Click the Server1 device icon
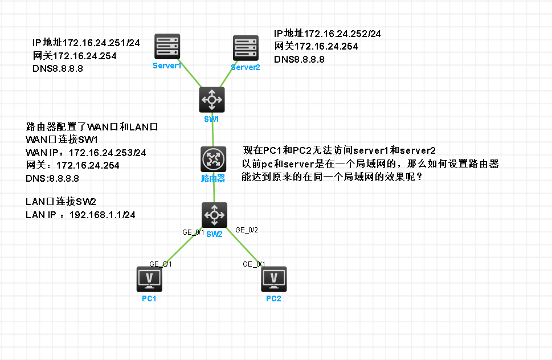pyautogui.click(x=167, y=47)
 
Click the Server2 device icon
pyautogui.click(x=246, y=48)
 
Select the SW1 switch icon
pyautogui.click(x=212, y=100)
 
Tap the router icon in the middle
pyautogui.click(x=214, y=159)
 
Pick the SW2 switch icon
pyautogui.click(x=215, y=215)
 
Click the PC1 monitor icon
pyautogui.click(x=150, y=279)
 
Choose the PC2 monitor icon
pyautogui.click(x=273, y=279)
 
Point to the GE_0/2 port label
pyautogui.click(x=247, y=230)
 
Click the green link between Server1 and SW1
pyautogui.click(x=190, y=75)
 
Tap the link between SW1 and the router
pyautogui.click(x=212, y=130)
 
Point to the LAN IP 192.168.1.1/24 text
pyautogui.click(x=102, y=215)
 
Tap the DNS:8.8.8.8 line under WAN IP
pyautogui.click(x=52, y=178)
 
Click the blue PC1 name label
pyautogui.click(x=149, y=299)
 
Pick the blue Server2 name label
pyautogui.click(x=246, y=67)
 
